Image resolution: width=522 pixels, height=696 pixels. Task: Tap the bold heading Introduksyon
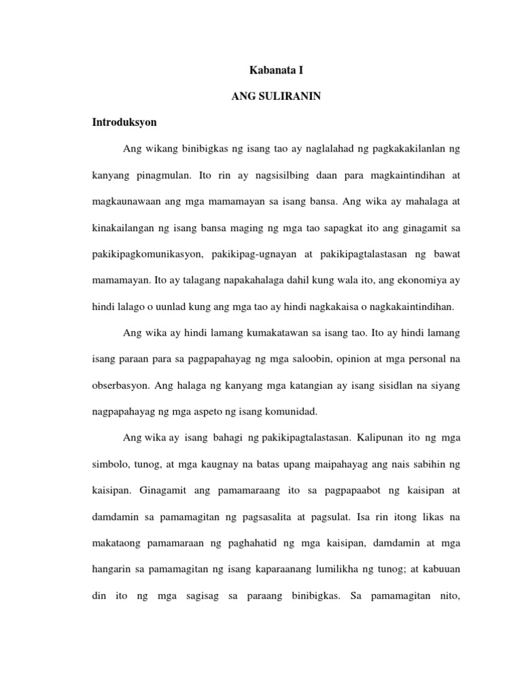pyautogui.click(x=124, y=122)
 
